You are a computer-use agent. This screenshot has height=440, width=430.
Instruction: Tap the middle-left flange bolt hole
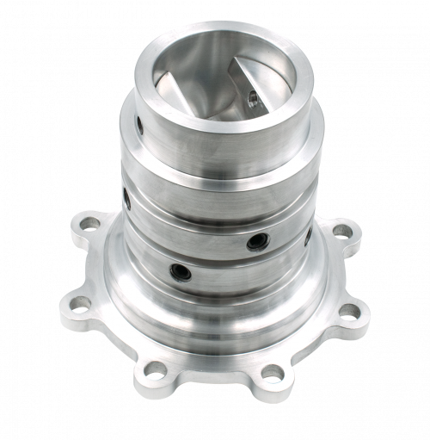[x=79, y=303]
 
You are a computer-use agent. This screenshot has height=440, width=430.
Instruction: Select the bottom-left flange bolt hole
[x=156, y=370]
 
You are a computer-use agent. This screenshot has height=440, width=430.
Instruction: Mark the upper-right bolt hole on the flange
[x=341, y=231]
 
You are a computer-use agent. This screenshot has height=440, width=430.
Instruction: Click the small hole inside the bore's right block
[x=252, y=97]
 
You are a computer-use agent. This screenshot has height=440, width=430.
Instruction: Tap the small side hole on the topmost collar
[x=139, y=127]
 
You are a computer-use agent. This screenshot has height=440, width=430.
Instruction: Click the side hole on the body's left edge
[x=126, y=200]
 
